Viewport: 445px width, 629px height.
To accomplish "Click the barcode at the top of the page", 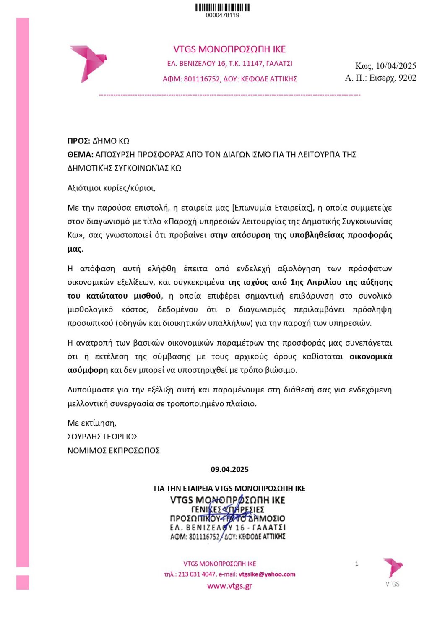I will (222, 7).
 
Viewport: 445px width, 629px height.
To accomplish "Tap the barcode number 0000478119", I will (222, 15).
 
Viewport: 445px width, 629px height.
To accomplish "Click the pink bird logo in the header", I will (88, 63).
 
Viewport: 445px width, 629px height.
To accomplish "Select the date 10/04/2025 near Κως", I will (396, 66).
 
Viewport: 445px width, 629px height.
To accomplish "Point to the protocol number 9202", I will (407, 78).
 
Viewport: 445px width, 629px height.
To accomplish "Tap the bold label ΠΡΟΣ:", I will (79, 141).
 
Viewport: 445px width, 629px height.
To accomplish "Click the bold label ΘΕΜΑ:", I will (80, 155).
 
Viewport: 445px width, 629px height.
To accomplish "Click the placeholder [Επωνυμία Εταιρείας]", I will (273, 208).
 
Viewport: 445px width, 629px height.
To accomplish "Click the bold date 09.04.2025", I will (229, 469).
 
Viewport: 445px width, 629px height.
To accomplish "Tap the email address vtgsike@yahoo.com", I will (267, 574).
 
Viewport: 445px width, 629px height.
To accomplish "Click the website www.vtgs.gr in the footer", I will (229, 586).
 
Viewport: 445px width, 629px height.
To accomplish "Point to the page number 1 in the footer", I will (357, 564).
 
